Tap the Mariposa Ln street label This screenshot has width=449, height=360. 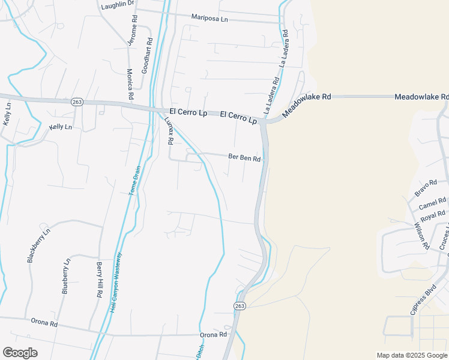(x=210, y=19)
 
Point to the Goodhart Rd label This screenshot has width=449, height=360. (x=146, y=56)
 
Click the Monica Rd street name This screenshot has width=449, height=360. (x=130, y=83)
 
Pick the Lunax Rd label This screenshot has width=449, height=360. (x=169, y=130)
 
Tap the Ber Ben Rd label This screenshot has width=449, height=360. (x=245, y=158)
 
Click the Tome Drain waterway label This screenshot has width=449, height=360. (x=134, y=181)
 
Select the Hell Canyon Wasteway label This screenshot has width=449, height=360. (x=116, y=281)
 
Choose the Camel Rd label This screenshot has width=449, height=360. (x=433, y=204)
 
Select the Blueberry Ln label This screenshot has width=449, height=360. (x=66, y=276)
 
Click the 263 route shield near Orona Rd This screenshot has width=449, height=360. (x=239, y=306)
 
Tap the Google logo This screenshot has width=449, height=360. (x=20, y=353)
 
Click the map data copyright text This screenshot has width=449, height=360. (x=411, y=355)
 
